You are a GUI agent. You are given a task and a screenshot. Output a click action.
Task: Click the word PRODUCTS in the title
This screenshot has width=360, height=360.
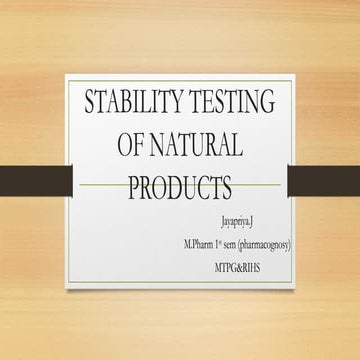(x=180, y=187)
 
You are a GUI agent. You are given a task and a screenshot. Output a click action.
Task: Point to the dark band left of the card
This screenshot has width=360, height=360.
(x=34, y=180)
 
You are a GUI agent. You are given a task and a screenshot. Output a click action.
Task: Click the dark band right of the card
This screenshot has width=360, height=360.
(x=325, y=180)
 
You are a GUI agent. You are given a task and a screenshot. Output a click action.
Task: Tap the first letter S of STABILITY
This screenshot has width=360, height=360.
(x=90, y=104)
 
